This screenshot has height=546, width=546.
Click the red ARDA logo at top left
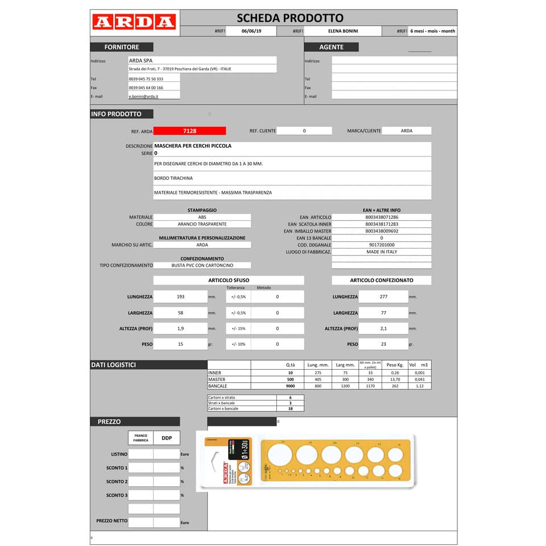[x=134, y=22]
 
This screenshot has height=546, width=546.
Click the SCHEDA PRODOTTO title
[x=290, y=18]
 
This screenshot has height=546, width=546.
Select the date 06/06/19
[x=251, y=31]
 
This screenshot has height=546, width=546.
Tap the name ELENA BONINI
[x=343, y=31]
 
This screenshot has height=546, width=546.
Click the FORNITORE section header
[x=121, y=47]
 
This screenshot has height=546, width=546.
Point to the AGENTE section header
[x=331, y=47]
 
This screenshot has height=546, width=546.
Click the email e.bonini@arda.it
[x=143, y=97]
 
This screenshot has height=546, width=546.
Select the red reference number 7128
[x=190, y=131]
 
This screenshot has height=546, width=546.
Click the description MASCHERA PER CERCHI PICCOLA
[x=193, y=146]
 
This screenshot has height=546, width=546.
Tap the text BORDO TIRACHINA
[x=173, y=178]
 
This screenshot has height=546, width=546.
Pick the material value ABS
[x=202, y=217]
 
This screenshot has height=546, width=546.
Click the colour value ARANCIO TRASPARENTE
[x=202, y=224]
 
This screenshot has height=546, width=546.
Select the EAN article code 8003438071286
[x=382, y=217]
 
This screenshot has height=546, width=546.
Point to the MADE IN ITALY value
[x=382, y=251]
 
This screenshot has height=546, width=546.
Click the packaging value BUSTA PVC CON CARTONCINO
[x=202, y=265]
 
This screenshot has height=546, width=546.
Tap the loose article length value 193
[x=180, y=297]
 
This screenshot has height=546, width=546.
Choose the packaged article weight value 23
[x=383, y=344]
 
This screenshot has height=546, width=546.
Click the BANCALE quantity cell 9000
[x=290, y=386]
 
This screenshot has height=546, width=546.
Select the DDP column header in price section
[x=167, y=438]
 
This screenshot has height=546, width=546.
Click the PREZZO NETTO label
[x=112, y=521]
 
